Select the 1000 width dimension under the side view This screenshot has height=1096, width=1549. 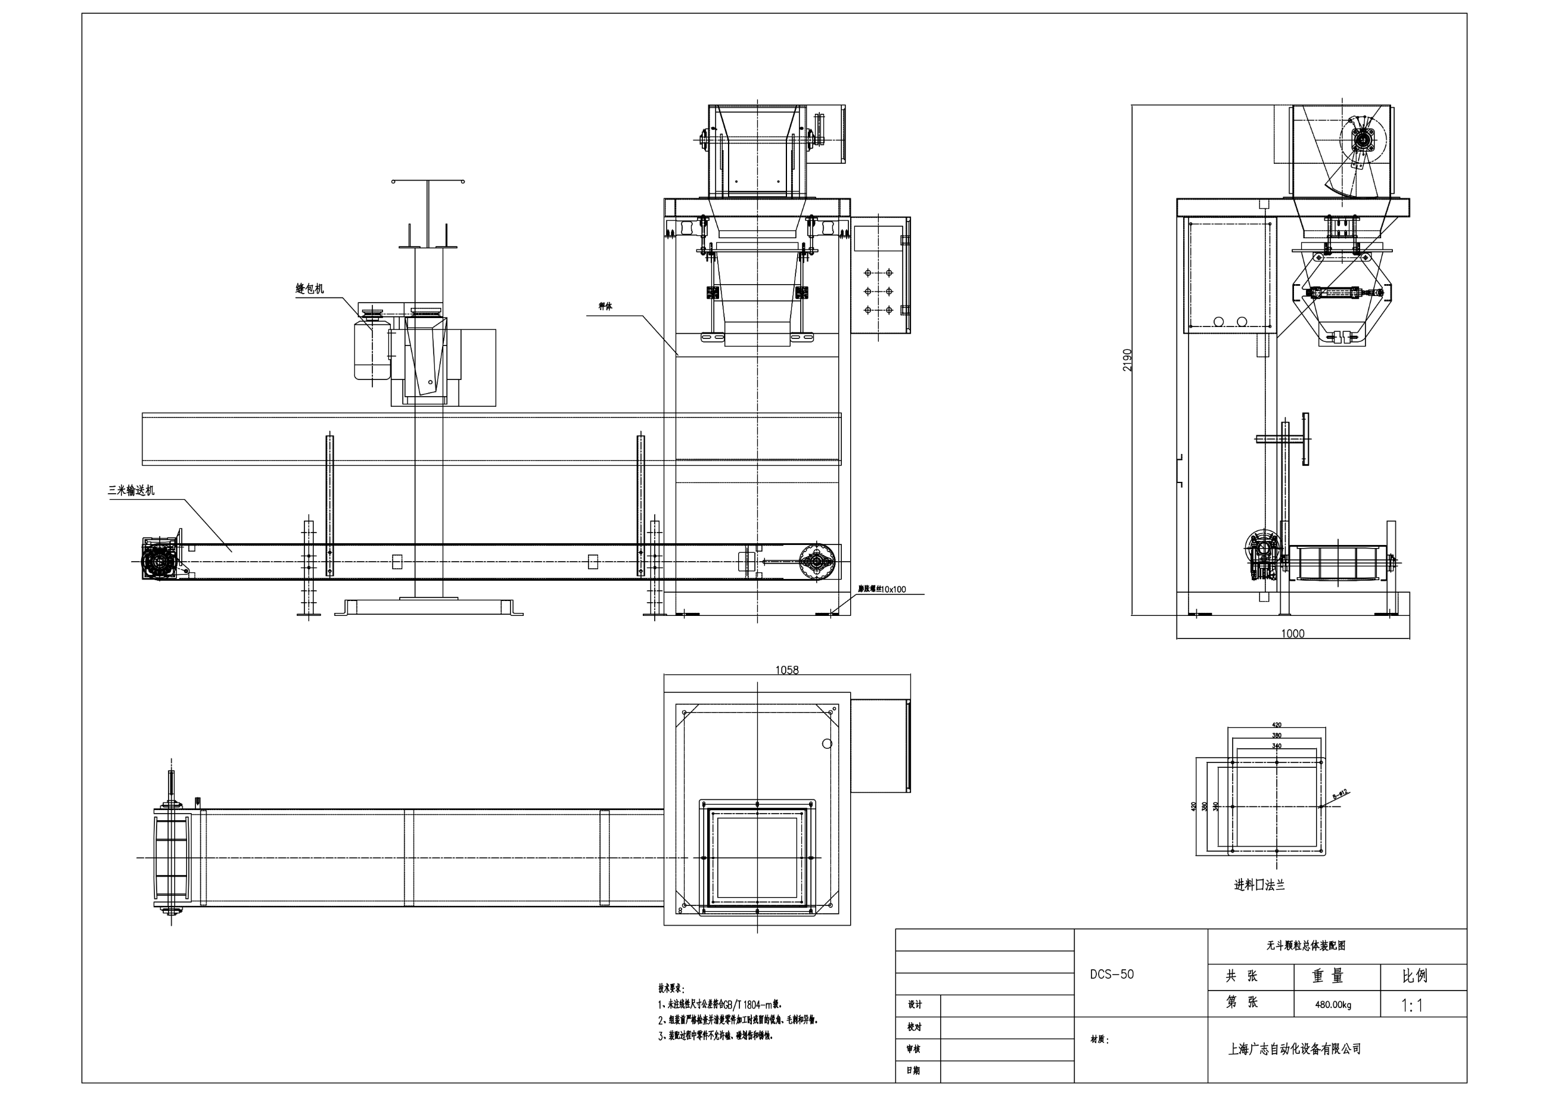[x=1292, y=633]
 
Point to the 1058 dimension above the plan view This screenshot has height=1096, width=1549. [x=786, y=670]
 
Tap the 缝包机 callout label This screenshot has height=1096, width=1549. [x=310, y=289]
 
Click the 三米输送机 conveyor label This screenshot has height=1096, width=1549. [x=132, y=491]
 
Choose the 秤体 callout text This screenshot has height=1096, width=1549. [x=605, y=306]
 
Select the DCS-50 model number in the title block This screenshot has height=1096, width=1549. [x=1112, y=974]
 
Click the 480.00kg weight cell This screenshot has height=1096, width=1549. [x=1333, y=1004]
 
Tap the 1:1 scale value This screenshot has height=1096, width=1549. [x=1412, y=1005]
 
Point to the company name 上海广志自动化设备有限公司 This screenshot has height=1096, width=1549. [x=1295, y=1049]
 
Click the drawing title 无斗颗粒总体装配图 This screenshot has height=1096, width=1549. [x=1306, y=945]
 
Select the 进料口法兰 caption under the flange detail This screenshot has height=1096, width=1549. [x=1259, y=885]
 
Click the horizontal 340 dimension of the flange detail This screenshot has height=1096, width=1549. [x=1276, y=746]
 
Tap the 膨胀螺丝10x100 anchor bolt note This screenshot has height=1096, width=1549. [x=882, y=589]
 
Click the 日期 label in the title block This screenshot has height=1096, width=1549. [x=913, y=1070]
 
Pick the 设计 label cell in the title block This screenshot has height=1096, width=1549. [x=915, y=1004]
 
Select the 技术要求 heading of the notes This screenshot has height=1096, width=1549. [x=671, y=989]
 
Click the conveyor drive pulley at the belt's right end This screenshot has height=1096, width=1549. [x=817, y=561]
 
